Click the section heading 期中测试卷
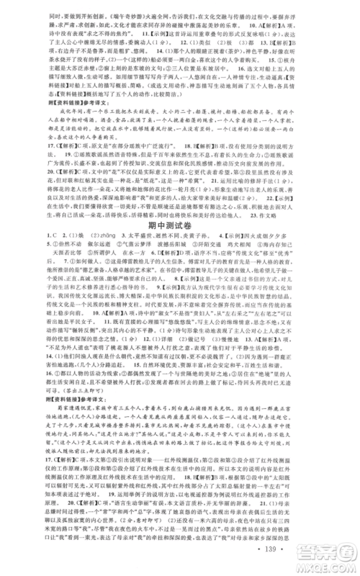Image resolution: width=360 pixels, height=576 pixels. [180, 222]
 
